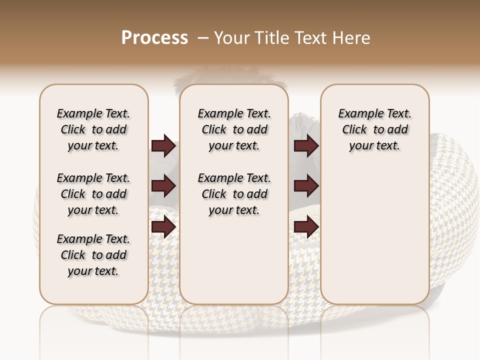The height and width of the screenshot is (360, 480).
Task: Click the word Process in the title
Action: tap(154, 38)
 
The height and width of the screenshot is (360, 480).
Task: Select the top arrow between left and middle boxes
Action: tap(163, 145)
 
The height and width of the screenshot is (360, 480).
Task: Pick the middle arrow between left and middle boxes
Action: tap(163, 186)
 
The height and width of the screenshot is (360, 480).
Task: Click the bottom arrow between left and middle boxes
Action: tap(163, 227)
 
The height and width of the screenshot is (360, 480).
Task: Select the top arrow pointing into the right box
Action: tap(306, 145)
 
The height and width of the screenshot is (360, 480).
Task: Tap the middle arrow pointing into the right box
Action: tap(306, 186)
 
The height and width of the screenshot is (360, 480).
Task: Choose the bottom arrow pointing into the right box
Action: tap(306, 227)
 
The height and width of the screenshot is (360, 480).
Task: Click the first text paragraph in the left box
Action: tap(93, 129)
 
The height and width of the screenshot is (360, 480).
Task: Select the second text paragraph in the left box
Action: tap(93, 194)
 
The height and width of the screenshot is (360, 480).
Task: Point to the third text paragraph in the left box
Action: tap(93, 255)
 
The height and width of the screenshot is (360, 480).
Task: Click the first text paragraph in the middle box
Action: tap(234, 129)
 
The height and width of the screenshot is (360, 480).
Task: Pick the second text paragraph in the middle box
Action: tap(234, 194)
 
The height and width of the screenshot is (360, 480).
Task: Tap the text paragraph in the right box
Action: tap(374, 129)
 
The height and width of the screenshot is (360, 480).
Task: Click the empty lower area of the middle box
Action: tap(234, 265)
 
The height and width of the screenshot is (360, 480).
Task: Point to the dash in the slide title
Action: tap(202, 38)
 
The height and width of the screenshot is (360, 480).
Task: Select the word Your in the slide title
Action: tap(230, 38)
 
